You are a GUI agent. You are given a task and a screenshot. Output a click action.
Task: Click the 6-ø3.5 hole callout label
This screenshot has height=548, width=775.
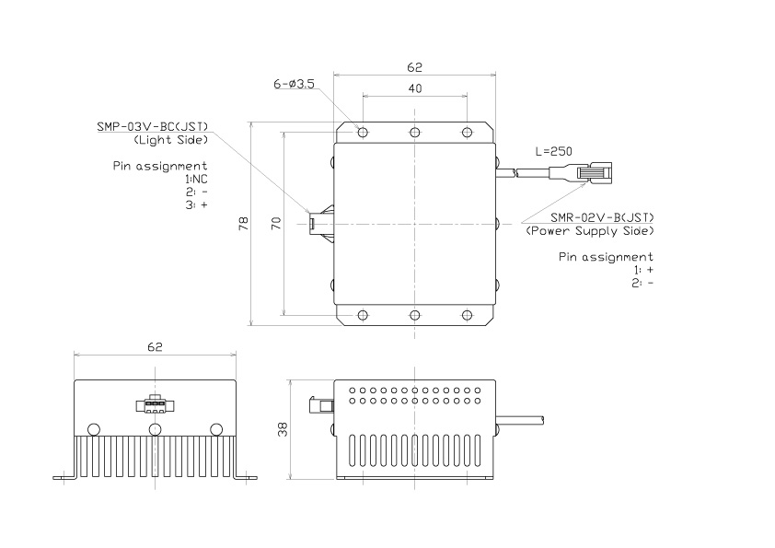[294, 84]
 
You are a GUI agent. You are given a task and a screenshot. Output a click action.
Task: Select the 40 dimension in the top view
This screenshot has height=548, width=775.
[414, 88]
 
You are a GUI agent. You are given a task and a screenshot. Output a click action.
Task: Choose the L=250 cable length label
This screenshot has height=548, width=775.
[554, 150]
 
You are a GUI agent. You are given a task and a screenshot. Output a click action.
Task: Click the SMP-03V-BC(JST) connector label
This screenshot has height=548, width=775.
[152, 126]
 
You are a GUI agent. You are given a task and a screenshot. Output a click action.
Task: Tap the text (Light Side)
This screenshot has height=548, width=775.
[170, 140]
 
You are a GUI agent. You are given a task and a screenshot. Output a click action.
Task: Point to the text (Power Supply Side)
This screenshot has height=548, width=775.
[589, 230]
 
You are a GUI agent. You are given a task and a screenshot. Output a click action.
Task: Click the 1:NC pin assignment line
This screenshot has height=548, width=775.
[196, 179]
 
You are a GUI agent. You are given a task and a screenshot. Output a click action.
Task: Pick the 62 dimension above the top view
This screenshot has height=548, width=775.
[414, 67]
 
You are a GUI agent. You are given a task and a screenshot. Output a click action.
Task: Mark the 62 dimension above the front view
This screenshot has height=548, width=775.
[155, 347]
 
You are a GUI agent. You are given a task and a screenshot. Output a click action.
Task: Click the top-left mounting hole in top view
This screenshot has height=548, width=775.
[363, 132]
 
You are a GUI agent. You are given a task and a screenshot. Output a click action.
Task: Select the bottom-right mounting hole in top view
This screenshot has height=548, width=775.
[468, 315]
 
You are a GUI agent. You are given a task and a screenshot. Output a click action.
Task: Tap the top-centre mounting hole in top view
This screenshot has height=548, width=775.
[415, 132]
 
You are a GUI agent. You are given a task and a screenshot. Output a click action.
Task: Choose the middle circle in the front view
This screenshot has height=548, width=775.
[154, 429]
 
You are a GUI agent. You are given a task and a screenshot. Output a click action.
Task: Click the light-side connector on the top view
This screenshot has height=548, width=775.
[319, 222]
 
